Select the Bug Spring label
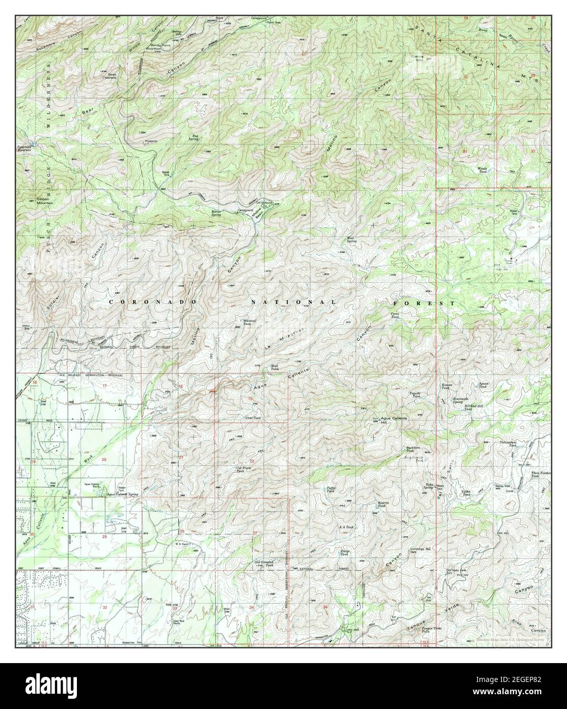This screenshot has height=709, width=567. click(194, 137)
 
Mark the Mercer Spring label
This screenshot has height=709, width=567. click(221, 213)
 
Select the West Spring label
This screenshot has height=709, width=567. click(351, 240)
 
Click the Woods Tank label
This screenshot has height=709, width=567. click(482, 171)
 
